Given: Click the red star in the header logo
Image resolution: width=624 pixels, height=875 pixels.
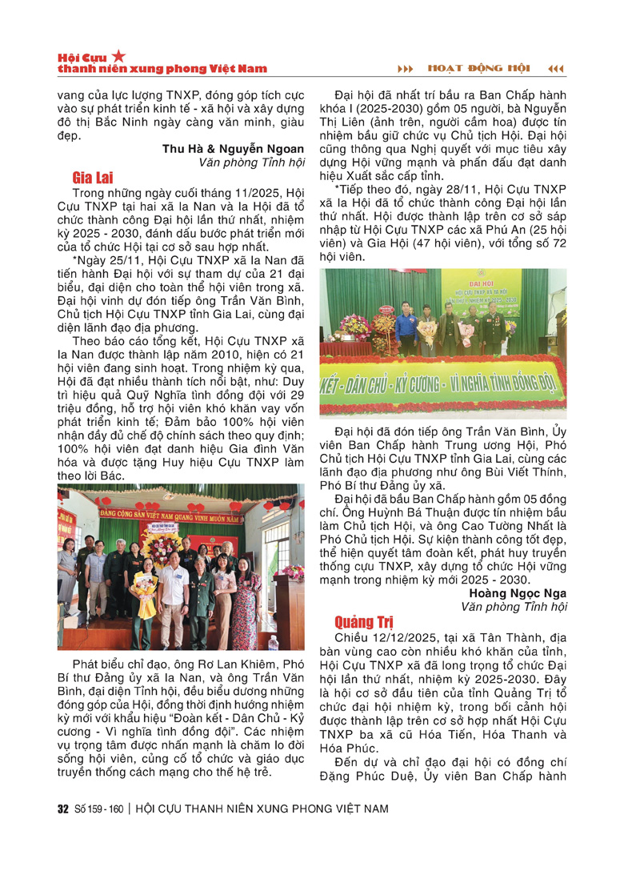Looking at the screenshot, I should click(118, 55).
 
